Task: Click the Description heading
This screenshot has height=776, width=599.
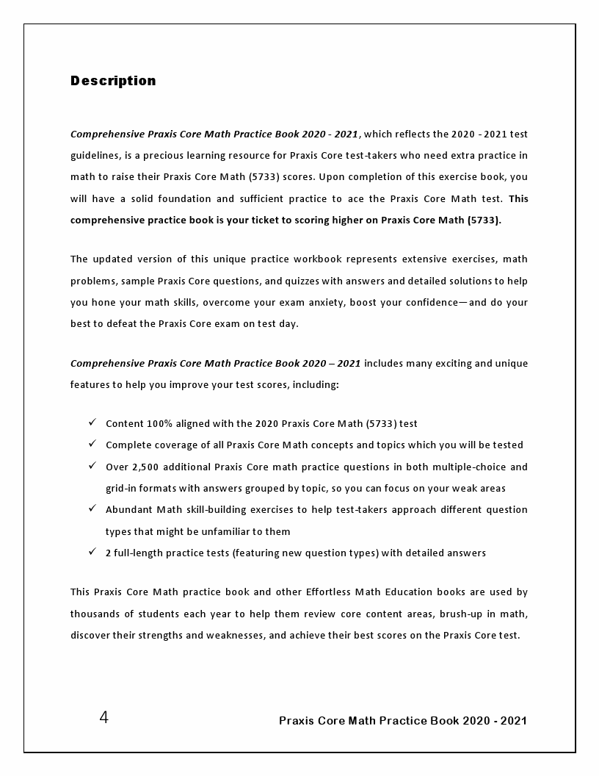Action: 113,81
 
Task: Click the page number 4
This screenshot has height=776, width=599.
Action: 104,717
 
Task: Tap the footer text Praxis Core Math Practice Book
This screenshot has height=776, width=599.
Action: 402,720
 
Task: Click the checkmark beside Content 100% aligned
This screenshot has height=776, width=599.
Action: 92,423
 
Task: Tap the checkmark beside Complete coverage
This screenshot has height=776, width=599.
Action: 92,444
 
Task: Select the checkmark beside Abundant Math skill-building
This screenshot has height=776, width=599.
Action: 92,509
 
